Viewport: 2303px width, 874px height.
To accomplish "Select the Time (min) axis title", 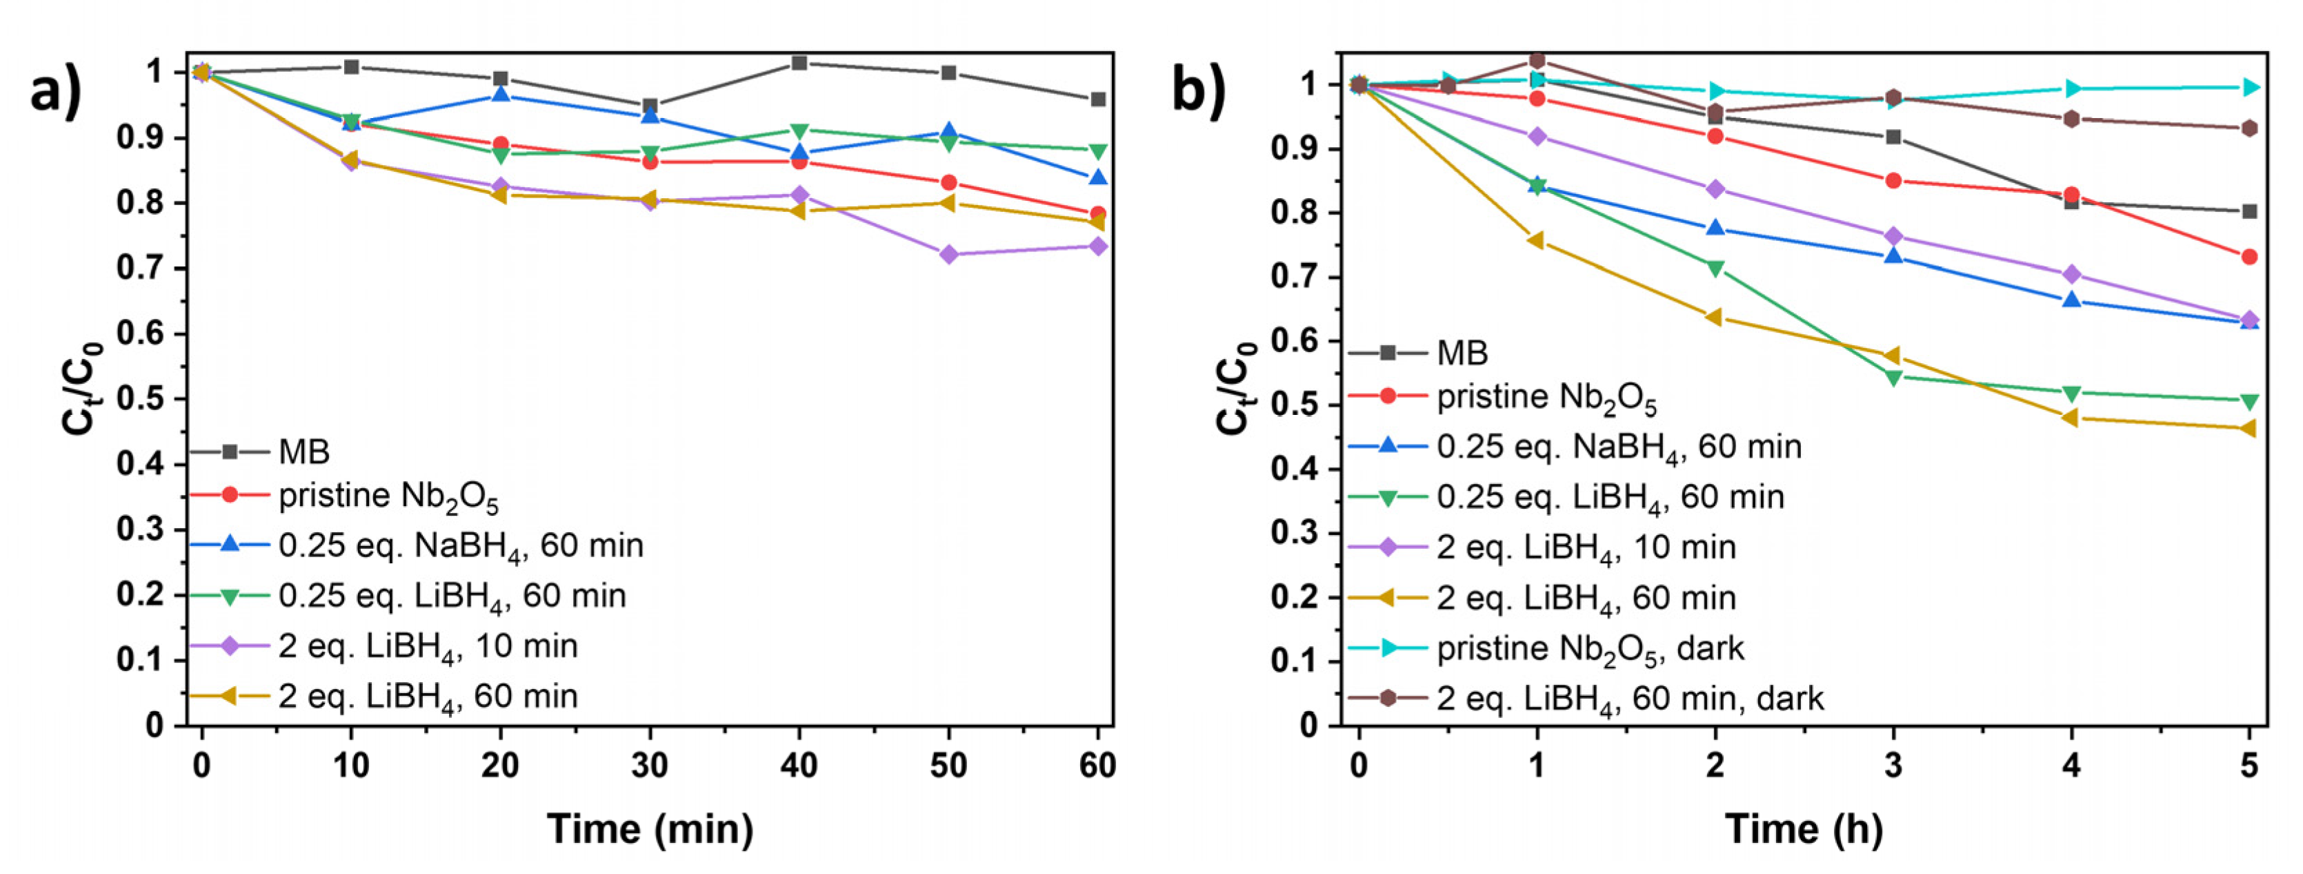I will coord(650,828).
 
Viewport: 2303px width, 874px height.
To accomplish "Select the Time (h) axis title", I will coord(1803,828).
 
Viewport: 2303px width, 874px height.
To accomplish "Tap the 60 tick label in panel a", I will coord(1097,766).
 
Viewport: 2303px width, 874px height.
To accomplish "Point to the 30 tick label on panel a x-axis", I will coord(650,766).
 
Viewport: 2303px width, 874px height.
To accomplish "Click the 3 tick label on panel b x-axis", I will coord(1893,766).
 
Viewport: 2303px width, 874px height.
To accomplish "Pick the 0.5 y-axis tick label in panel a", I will coord(141,399).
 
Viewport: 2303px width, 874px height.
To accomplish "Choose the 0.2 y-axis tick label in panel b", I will coord(1295,598).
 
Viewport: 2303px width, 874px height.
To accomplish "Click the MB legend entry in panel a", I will coord(304,451).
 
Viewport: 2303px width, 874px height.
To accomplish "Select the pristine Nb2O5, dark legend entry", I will coord(1590,648).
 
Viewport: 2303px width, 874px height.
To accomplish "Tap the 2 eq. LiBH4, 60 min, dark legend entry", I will coord(1629,699).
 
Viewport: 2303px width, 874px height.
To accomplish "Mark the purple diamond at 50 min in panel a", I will coord(948,255).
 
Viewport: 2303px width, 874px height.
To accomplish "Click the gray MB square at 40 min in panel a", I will coord(799,63).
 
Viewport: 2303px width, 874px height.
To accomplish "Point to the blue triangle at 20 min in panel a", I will coord(501,94).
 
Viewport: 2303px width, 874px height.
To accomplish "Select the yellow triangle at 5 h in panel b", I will coord(2249,429).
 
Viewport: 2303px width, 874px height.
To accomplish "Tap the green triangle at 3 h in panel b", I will coord(1893,378).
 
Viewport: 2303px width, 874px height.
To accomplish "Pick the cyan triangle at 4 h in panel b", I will coord(2071,88).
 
